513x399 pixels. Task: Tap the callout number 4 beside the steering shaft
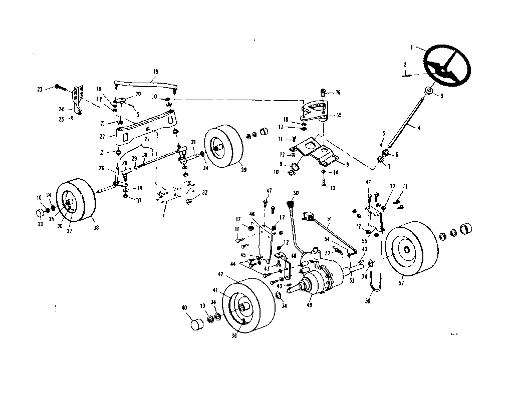(419, 128)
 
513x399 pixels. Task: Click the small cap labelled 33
(39, 216)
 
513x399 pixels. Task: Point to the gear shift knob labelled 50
(290, 204)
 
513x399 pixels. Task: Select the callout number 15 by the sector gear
(339, 115)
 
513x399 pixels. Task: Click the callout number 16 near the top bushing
(338, 93)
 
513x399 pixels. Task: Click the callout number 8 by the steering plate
(341, 163)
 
